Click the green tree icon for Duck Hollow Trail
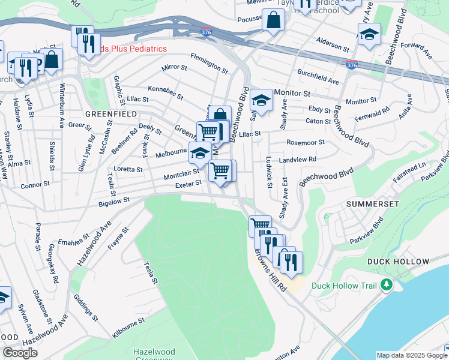click(387, 285)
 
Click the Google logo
click(20, 353)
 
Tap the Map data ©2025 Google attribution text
click(412, 355)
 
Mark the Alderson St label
click(333, 46)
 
